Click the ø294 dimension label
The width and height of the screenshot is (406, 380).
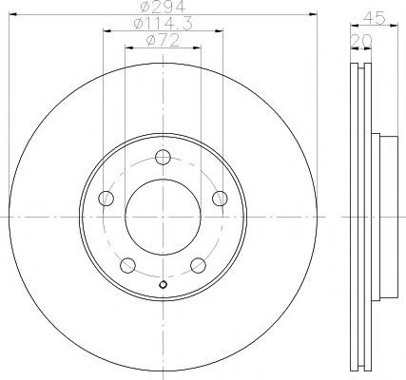pyautogui.click(x=164, y=7)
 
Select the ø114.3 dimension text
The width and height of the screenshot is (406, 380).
pyautogui.click(x=163, y=24)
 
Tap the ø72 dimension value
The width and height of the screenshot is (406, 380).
pyautogui.click(x=163, y=41)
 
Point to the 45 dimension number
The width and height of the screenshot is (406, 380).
pyautogui.click(x=375, y=18)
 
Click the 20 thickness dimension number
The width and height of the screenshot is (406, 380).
pyautogui.click(x=361, y=41)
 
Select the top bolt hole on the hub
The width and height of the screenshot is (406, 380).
pyautogui.click(x=163, y=157)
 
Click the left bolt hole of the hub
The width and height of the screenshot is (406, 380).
pyautogui.click(x=106, y=199)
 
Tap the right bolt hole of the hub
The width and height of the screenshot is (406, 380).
pyautogui.click(x=220, y=199)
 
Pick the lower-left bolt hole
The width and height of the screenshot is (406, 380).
pyautogui.click(x=127, y=265)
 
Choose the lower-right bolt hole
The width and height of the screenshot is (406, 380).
pyautogui.click(x=199, y=265)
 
